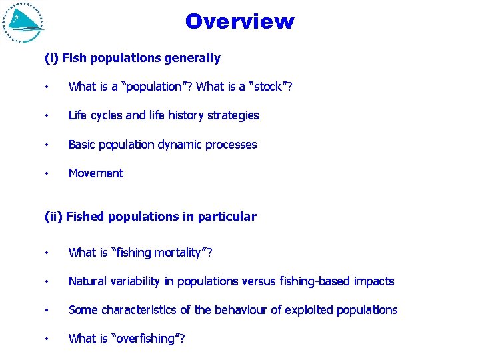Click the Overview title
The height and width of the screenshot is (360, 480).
coord(239,21)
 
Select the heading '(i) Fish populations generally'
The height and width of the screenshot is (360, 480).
coord(132,58)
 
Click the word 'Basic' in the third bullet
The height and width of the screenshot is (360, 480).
coord(83,145)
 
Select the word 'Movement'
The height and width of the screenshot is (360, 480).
coord(96,173)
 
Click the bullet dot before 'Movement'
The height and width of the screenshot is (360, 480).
coord(47,173)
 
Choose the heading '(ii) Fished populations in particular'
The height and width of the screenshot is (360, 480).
coord(150,216)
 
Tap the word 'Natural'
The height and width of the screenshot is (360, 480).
coord(88,281)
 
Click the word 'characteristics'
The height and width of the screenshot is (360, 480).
coord(136,310)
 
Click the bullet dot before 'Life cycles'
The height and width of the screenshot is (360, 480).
coord(47,115)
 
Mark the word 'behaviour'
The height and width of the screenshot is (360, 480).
coord(237,310)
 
